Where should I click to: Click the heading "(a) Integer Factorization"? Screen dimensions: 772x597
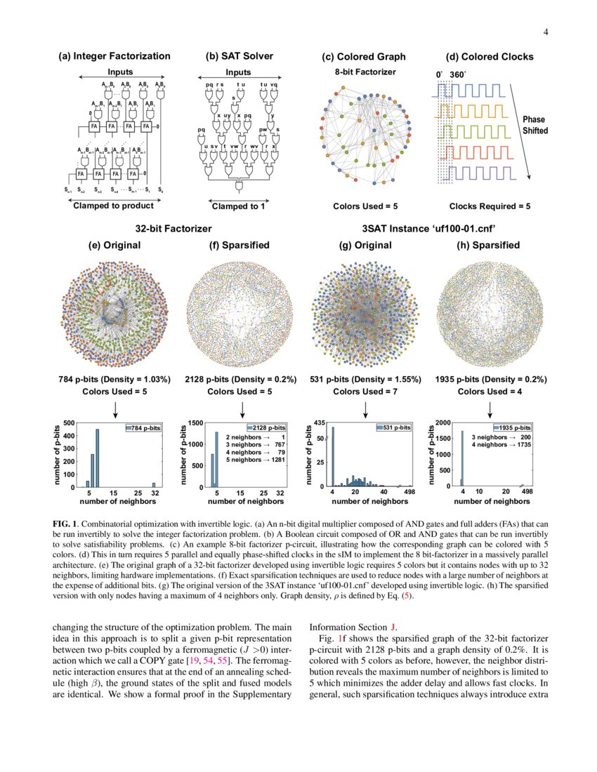click(x=114, y=56)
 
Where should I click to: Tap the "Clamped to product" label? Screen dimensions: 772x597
click(x=114, y=206)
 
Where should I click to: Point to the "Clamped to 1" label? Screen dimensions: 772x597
click(x=238, y=206)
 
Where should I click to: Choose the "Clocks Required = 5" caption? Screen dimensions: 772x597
click(x=490, y=206)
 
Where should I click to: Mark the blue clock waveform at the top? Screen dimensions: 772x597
click(x=469, y=89)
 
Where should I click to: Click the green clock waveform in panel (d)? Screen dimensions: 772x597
click(x=469, y=131)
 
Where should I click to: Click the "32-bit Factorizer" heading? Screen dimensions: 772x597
click(x=173, y=229)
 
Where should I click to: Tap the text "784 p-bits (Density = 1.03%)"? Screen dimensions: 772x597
click(x=114, y=380)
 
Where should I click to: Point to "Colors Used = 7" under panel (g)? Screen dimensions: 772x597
click(x=365, y=392)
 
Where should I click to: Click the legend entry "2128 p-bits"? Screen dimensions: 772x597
click(x=266, y=427)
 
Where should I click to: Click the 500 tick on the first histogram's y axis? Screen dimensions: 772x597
click(x=69, y=423)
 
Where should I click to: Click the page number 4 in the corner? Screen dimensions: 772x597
click(x=544, y=32)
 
